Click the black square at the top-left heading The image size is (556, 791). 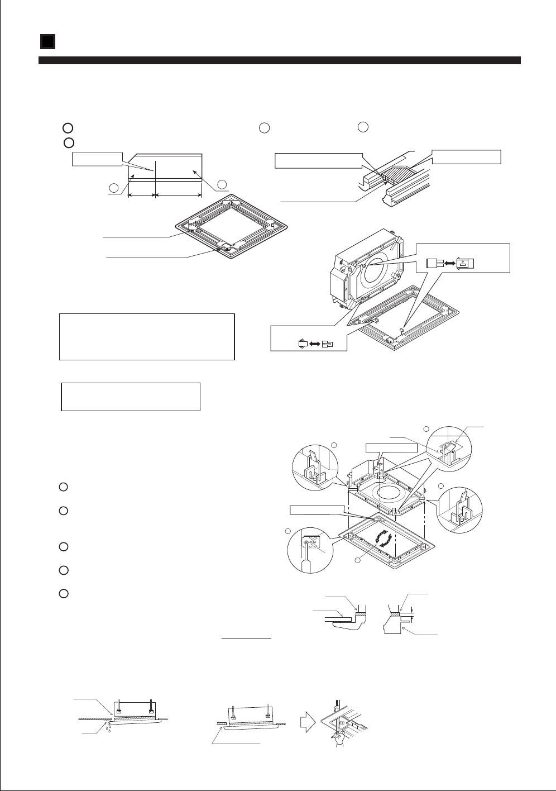coord(47,41)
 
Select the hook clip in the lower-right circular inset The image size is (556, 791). coord(463,506)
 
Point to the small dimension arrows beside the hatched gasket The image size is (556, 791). coord(411,614)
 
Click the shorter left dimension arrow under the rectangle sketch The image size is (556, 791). coord(142,195)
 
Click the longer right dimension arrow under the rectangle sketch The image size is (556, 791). coord(179,195)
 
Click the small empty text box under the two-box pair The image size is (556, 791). coord(130,397)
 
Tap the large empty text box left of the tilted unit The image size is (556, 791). coord(146,337)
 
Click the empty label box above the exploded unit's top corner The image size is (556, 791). coord(391,448)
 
